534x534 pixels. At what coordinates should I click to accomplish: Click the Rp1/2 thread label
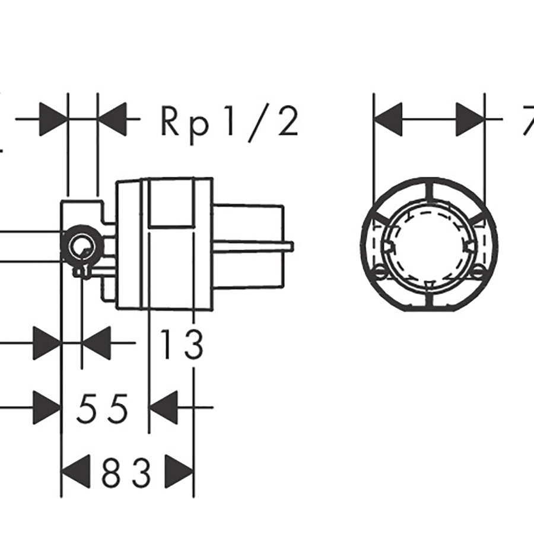(x=228, y=123)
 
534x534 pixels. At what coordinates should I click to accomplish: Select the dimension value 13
(x=182, y=345)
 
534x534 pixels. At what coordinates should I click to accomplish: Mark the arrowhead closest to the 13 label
(x=95, y=342)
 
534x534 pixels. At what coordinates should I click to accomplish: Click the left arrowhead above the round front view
(x=387, y=119)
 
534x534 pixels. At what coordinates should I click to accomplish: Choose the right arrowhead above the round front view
(x=470, y=119)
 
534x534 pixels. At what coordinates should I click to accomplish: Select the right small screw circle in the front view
(x=479, y=272)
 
